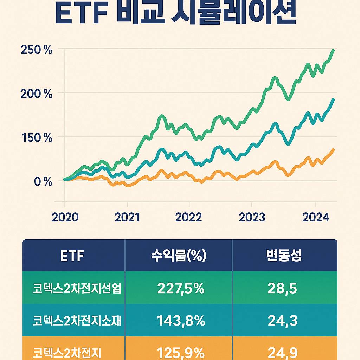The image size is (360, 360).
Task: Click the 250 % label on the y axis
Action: [x=37, y=50]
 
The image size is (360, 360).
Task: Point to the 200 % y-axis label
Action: [x=37, y=94]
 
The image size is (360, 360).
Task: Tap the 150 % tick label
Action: [x=37, y=138]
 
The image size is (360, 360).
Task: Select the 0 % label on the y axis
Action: [x=43, y=182]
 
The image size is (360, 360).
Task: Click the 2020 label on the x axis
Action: [x=65, y=217]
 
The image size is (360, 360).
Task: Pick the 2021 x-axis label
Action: [x=127, y=217]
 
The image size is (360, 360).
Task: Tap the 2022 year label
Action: [x=189, y=217]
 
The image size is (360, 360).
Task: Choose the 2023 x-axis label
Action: [x=252, y=217]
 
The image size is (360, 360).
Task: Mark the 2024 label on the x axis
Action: [x=316, y=217]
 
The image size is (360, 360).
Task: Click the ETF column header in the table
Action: [x=72, y=256]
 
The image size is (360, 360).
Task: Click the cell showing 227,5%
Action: [x=181, y=289]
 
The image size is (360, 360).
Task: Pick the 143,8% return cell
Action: [x=181, y=321]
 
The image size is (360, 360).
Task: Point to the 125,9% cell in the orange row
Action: [x=181, y=353]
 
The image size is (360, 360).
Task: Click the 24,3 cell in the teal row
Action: [x=282, y=321]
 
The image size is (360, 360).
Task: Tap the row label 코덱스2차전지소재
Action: [x=77, y=321]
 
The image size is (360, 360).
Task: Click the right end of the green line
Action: [x=333, y=51]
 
